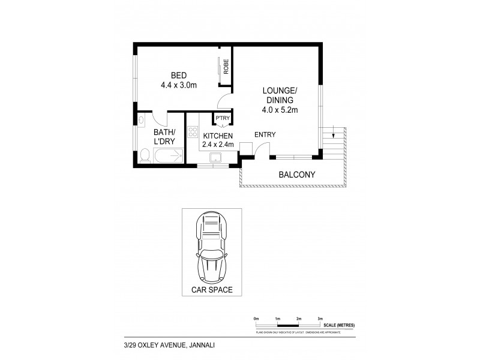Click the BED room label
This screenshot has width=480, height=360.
click(x=179, y=75)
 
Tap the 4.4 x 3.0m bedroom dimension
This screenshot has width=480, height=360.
click(x=179, y=85)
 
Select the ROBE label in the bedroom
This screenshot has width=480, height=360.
click(x=226, y=67)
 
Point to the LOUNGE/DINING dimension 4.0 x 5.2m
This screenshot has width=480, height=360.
click(x=280, y=110)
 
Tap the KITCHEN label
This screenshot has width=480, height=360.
click(x=217, y=136)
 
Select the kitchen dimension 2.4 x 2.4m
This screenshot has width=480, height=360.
click(x=217, y=145)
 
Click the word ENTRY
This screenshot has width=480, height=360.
click(x=265, y=134)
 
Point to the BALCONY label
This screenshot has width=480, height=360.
click(x=296, y=175)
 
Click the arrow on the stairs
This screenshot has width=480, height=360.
click(x=329, y=133)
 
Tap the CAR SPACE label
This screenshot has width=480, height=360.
click(x=212, y=290)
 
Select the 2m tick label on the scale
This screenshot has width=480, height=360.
click(x=298, y=318)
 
